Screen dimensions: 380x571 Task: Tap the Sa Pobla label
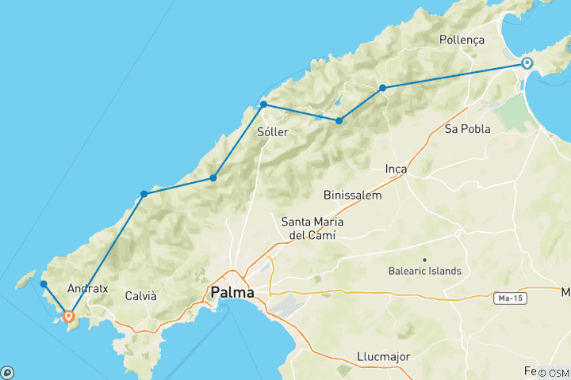[467, 128]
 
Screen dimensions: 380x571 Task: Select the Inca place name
[396, 169]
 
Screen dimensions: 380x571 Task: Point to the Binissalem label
[353, 195]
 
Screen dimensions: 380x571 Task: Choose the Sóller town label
[273, 132]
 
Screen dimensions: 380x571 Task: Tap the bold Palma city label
[232, 294]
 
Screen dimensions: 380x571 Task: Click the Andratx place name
[88, 289]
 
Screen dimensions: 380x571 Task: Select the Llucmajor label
[383, 356]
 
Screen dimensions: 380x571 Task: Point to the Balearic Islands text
[425, 271]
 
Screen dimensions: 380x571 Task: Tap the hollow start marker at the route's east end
[526, 63]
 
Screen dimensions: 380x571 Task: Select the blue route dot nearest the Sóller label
[263, 104]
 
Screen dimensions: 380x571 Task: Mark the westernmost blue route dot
[44, 284]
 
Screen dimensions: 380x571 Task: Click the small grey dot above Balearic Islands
[425, 259]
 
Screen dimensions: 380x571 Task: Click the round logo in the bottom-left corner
[7, 372]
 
